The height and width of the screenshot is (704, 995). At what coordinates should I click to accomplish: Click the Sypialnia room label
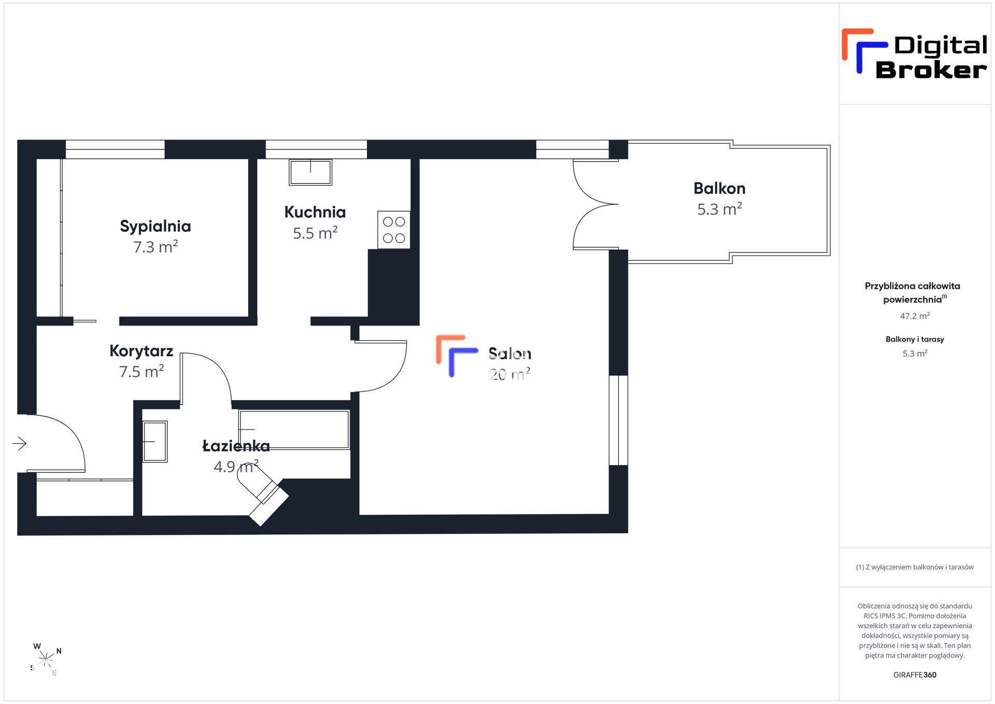[x=155, y=226]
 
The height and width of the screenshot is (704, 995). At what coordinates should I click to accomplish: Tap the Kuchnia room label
[x=315, y=212]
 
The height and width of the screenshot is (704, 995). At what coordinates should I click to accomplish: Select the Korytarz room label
[x=141, y=351]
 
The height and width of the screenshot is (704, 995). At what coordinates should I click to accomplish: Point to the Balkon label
[x=719, y=188]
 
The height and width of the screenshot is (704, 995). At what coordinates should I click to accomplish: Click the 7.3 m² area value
[x=155, y=247]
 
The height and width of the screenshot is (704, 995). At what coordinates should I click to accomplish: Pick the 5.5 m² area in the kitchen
[x=315, y=233]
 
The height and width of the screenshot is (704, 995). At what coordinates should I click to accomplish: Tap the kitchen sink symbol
[x=310, y=172]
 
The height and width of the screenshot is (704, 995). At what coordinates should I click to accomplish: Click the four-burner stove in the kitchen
[x=394, y=230]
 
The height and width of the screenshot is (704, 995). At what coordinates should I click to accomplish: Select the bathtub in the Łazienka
[x=294, y=430]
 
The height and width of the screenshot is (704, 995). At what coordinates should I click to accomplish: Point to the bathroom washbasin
[x=155, y=442]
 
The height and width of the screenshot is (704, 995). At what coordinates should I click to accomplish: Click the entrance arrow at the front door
[x=20, y=443]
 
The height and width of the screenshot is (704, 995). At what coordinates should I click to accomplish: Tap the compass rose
[x=46, y=660]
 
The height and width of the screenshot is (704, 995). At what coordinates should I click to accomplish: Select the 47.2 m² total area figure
[x=915, y=316]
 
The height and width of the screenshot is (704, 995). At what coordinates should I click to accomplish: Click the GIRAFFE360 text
[x=915, y=675]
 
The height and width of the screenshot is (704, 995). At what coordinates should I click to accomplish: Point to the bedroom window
[x=115, y=149]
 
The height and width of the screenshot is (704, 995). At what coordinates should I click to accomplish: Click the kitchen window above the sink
[x=316, y=149]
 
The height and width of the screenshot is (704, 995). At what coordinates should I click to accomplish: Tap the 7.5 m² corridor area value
[x=141, y=372]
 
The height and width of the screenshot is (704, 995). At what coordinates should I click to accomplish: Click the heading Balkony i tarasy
[x=915, y=340]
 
